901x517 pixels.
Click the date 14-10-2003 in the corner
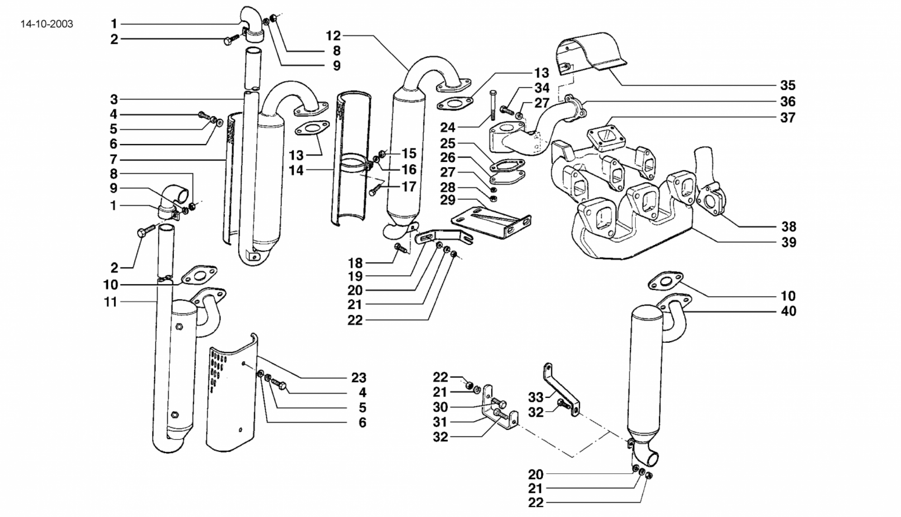point(47,24)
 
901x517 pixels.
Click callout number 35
point(787,85)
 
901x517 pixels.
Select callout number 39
point(788,242)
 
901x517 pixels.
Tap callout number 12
point(333,36)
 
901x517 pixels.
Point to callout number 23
point(359,377)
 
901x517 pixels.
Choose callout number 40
point(788,311)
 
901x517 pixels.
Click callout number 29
point(447,200)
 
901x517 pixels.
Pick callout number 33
point(536,397)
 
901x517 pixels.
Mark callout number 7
point(114,159)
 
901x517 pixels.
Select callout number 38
point(788,227)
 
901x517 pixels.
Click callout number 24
point(447,128)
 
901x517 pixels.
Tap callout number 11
point(111,302)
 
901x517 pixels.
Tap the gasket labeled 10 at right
point(665,282)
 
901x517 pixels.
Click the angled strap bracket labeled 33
point(561,388)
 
